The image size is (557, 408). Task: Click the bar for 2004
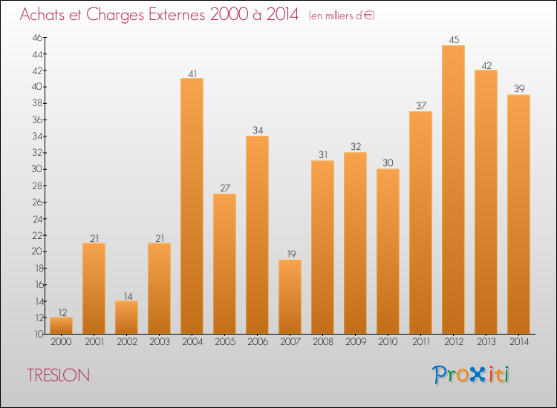pos(192,206)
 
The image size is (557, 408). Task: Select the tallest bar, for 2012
pos(453,190)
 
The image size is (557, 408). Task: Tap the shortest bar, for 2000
pos(61,326)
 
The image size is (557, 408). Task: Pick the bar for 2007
pos(290,297)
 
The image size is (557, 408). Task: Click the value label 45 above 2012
pos(454,40)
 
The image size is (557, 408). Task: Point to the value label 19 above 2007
pos(291,254)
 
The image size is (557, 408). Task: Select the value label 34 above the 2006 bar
pos(258,131)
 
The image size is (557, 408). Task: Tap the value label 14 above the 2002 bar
pos(128,296)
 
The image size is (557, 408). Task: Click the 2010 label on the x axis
pos(388,342)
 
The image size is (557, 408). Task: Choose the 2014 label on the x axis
pos(519,342)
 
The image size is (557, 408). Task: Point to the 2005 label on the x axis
pos(225,342)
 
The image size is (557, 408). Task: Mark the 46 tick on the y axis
pos(37,38)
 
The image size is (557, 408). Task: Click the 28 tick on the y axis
pos(37,186)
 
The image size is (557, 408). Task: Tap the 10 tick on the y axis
pos(39,334)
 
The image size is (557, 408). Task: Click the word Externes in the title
pos(177,15)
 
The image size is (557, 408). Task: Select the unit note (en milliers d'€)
pos(342,16)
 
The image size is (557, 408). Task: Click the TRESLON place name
pos(59,375)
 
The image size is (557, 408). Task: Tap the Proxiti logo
pos(471,375)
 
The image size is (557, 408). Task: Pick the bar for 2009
pos(355,243)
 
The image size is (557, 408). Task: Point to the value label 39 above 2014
pos(519,89)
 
